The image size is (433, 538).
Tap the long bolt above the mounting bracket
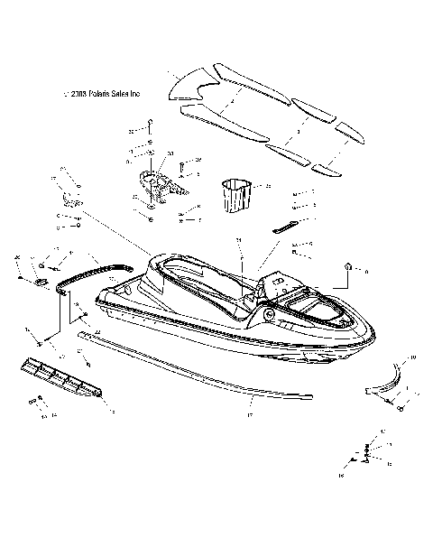pos(149,134)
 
